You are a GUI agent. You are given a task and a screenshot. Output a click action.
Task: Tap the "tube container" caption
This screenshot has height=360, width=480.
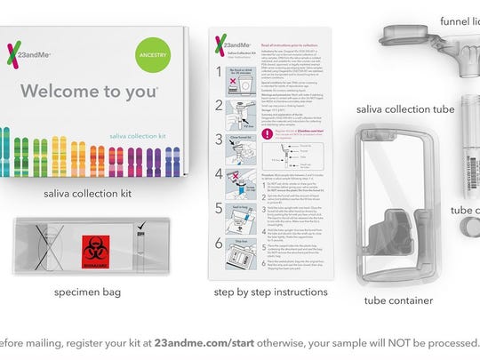coord(397,300)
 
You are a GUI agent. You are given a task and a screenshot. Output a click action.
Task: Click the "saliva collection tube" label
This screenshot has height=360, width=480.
coord(405,108)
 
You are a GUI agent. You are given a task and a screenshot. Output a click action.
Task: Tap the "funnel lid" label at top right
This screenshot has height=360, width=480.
coord(459,19)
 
